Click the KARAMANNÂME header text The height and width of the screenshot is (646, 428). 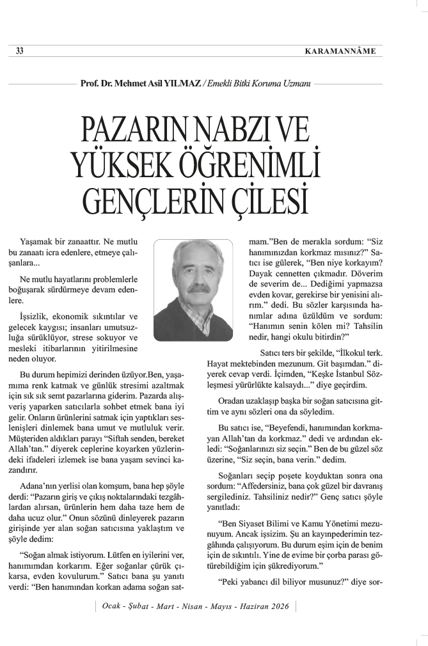click(340, 52)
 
